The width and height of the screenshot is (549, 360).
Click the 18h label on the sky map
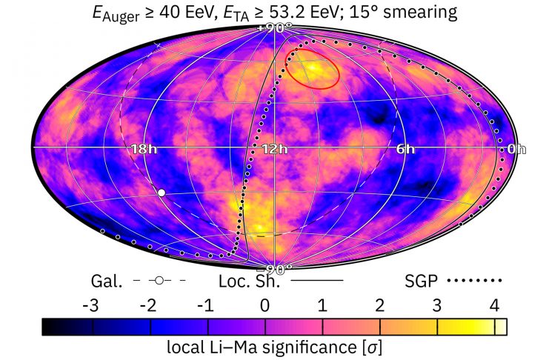(140, 149)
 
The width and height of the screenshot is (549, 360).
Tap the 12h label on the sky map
(274, 149)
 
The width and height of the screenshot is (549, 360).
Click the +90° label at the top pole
(274, 27)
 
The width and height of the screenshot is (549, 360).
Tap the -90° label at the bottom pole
(275, 268)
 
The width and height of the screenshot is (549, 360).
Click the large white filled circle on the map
(162, 193)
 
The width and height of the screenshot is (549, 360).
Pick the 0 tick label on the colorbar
(264, 305)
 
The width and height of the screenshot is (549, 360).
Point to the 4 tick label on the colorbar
(494, 305)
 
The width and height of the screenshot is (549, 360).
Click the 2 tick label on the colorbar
(379, 305)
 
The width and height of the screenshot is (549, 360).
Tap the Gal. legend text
(104, 281)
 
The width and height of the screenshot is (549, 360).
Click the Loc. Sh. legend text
(250, 281)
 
